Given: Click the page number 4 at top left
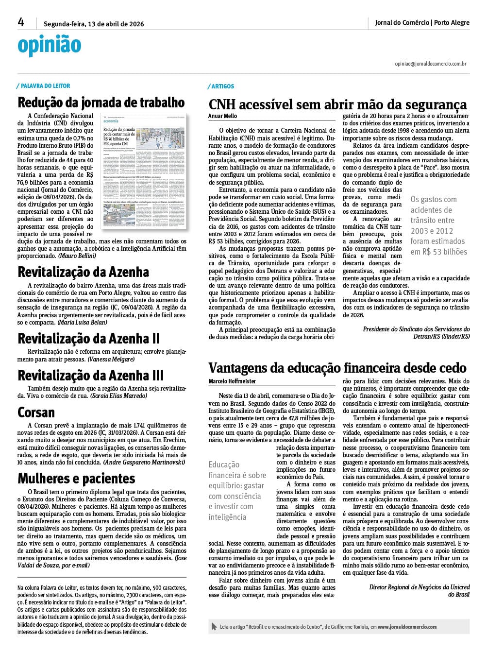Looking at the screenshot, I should pyautogui.click(x=21, y=22).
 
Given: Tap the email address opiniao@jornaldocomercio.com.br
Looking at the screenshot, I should pyautogui.click(x=430, y=64).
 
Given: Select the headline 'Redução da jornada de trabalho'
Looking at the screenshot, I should pyautogui.click(x=101, y=103).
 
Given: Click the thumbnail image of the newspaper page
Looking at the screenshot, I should pyautogui.click(x=144, y=172).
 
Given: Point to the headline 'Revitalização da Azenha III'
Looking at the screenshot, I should pyautogui.click(x=90, y=376).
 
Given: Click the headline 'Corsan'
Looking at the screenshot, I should pyautogui.click(x=36, y=412).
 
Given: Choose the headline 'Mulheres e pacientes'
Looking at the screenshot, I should pyautogui.click(x=76, y=479).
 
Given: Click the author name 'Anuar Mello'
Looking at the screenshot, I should pyautogui.click(x=222, y=116).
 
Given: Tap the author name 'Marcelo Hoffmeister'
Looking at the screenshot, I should pyautogui.click(x=232, y=381).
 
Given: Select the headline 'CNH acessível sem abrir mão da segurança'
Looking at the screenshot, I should pyautogui.click(x=337, y=104).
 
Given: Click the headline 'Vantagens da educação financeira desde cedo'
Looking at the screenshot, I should pyautogui.click(x=337, y=368).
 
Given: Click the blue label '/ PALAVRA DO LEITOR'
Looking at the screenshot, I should pyautogui.click(x=44, y=86).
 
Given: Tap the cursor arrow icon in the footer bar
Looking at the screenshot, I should pyautogui.click(x=214, y=627).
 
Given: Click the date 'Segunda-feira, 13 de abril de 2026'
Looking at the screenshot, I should pyautogui.click(x=94, y=24).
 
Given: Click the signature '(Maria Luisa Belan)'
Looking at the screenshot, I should pyautogui.click(x=82, y=322).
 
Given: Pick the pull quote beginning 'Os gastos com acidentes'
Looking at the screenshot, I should pyautogui.click(x=437, y=225).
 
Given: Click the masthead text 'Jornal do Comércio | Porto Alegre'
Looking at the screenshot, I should pyautogui.click(x=422, y=23).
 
